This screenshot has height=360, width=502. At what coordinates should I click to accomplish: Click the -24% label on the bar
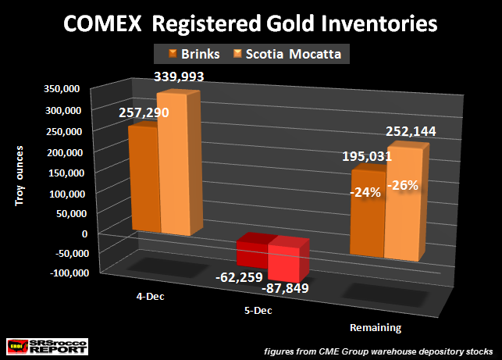click(366, 191)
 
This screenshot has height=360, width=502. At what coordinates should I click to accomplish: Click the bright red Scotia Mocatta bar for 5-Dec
click(287, 261)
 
